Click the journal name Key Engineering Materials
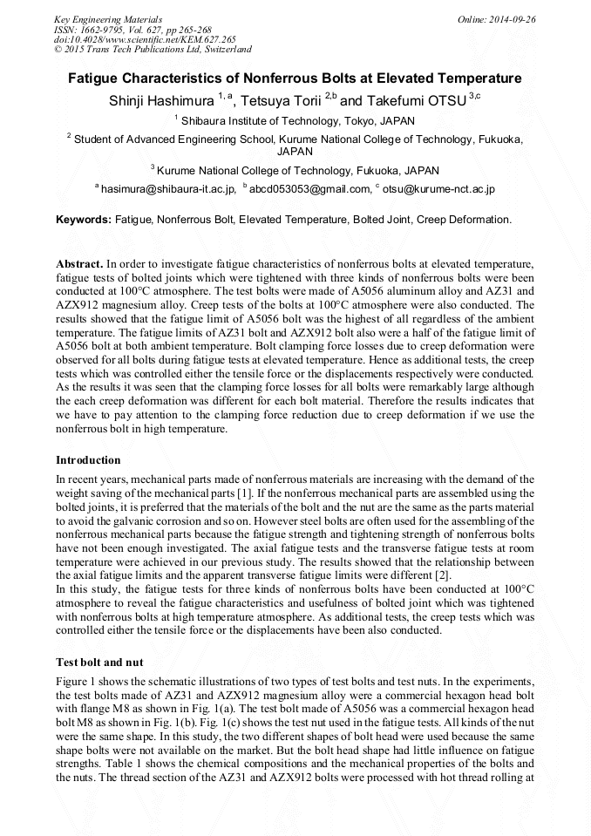click(108, 19)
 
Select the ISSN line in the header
click(132, 30)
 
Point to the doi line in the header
click(145, 40)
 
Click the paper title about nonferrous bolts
click(295, 78)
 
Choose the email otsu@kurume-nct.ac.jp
click(438, 188)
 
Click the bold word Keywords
click(84, 220)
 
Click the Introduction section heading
click(88, 460)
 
